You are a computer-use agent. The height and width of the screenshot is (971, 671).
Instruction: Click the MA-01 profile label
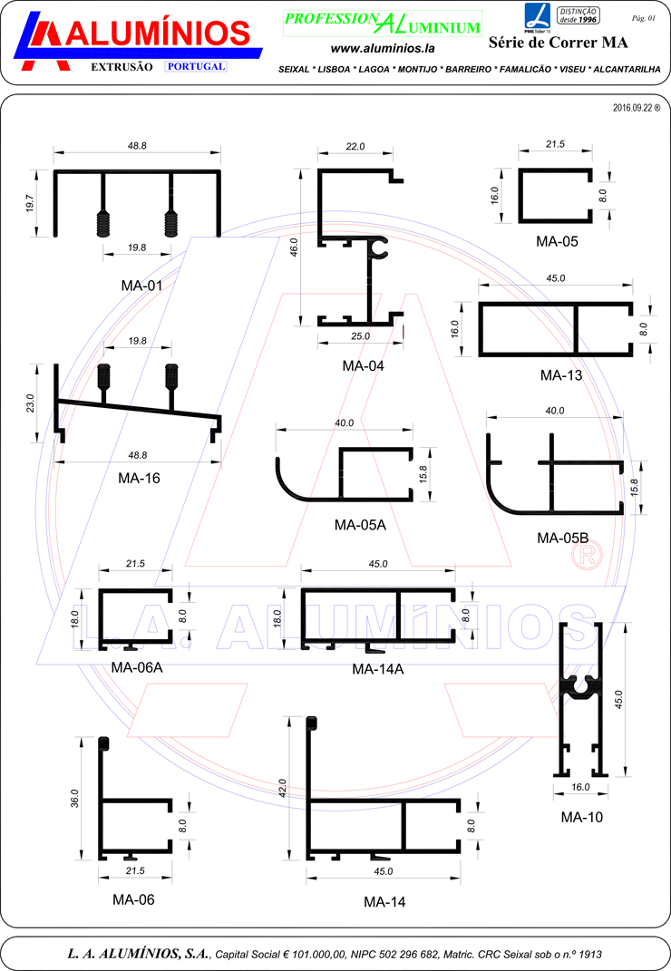[141, 286]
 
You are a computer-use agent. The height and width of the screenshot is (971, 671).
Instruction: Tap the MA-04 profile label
[363, 366]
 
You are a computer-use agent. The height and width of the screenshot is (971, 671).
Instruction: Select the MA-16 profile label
[139, 478]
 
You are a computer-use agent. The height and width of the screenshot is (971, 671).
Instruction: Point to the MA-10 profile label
[582, 818]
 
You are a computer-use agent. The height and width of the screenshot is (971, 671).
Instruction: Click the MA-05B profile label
[562, 539]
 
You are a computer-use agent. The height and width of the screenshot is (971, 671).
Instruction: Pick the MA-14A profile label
[378, 669]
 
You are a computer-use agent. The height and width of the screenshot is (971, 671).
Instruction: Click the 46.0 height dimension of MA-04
[294, 248]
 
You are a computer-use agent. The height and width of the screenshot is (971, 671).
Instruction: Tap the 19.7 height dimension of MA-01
[30, 203]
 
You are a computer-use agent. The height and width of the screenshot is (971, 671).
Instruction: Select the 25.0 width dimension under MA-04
[361, 336]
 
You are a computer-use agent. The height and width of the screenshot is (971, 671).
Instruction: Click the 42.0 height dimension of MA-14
[283, 788]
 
